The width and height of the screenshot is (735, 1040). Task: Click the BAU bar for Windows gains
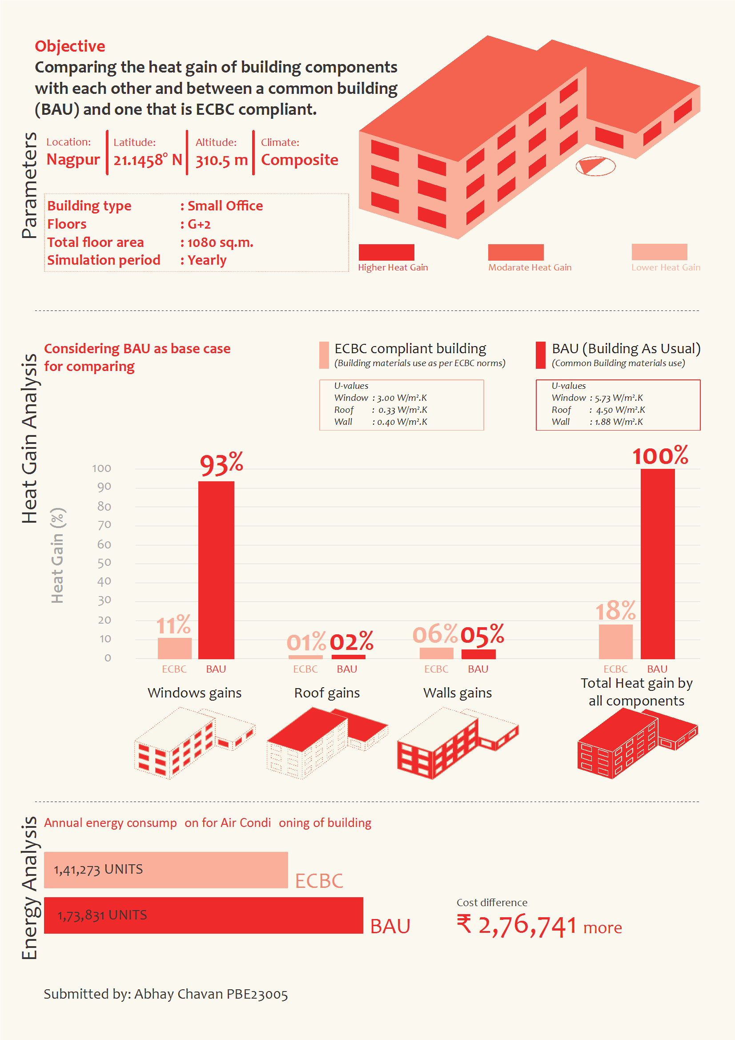click(216, 570)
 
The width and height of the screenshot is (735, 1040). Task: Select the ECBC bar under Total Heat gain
click(615, 641)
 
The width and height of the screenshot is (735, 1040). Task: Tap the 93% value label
click(221, 464)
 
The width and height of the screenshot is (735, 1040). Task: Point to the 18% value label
click(615, 611)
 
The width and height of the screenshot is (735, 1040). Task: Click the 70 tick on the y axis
click(104, 525)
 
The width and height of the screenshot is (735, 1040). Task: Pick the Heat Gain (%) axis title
click(57, 555)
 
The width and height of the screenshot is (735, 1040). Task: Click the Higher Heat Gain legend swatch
click(386, 252)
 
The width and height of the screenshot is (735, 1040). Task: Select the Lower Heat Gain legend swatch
click(659, 252)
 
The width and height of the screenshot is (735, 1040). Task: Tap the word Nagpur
click(73, 159)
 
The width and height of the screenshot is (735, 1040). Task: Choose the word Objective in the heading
click(70, 46)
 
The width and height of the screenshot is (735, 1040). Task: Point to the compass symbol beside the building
click(595, 166)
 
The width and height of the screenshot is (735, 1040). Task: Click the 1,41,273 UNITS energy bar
click(166, 870)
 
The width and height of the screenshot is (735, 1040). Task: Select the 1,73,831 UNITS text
click(102, 915)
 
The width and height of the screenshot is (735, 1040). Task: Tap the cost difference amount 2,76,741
click(527, 925)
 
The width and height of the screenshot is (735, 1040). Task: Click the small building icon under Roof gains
click(327, 743)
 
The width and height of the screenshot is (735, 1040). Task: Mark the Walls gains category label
click(458, 693)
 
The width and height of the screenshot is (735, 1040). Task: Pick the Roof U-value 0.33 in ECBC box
click(387, 410)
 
